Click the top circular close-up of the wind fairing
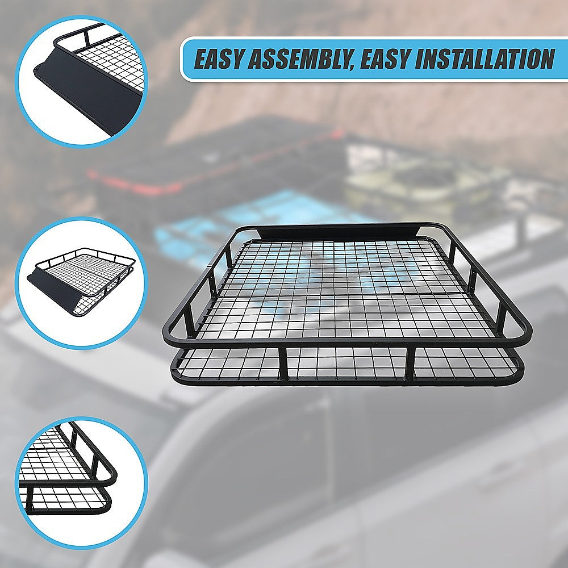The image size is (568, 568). coord(81,81)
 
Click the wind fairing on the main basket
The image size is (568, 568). coord(341,232)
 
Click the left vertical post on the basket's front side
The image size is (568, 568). coord(283,364)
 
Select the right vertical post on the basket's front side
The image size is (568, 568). coord(410,364)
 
